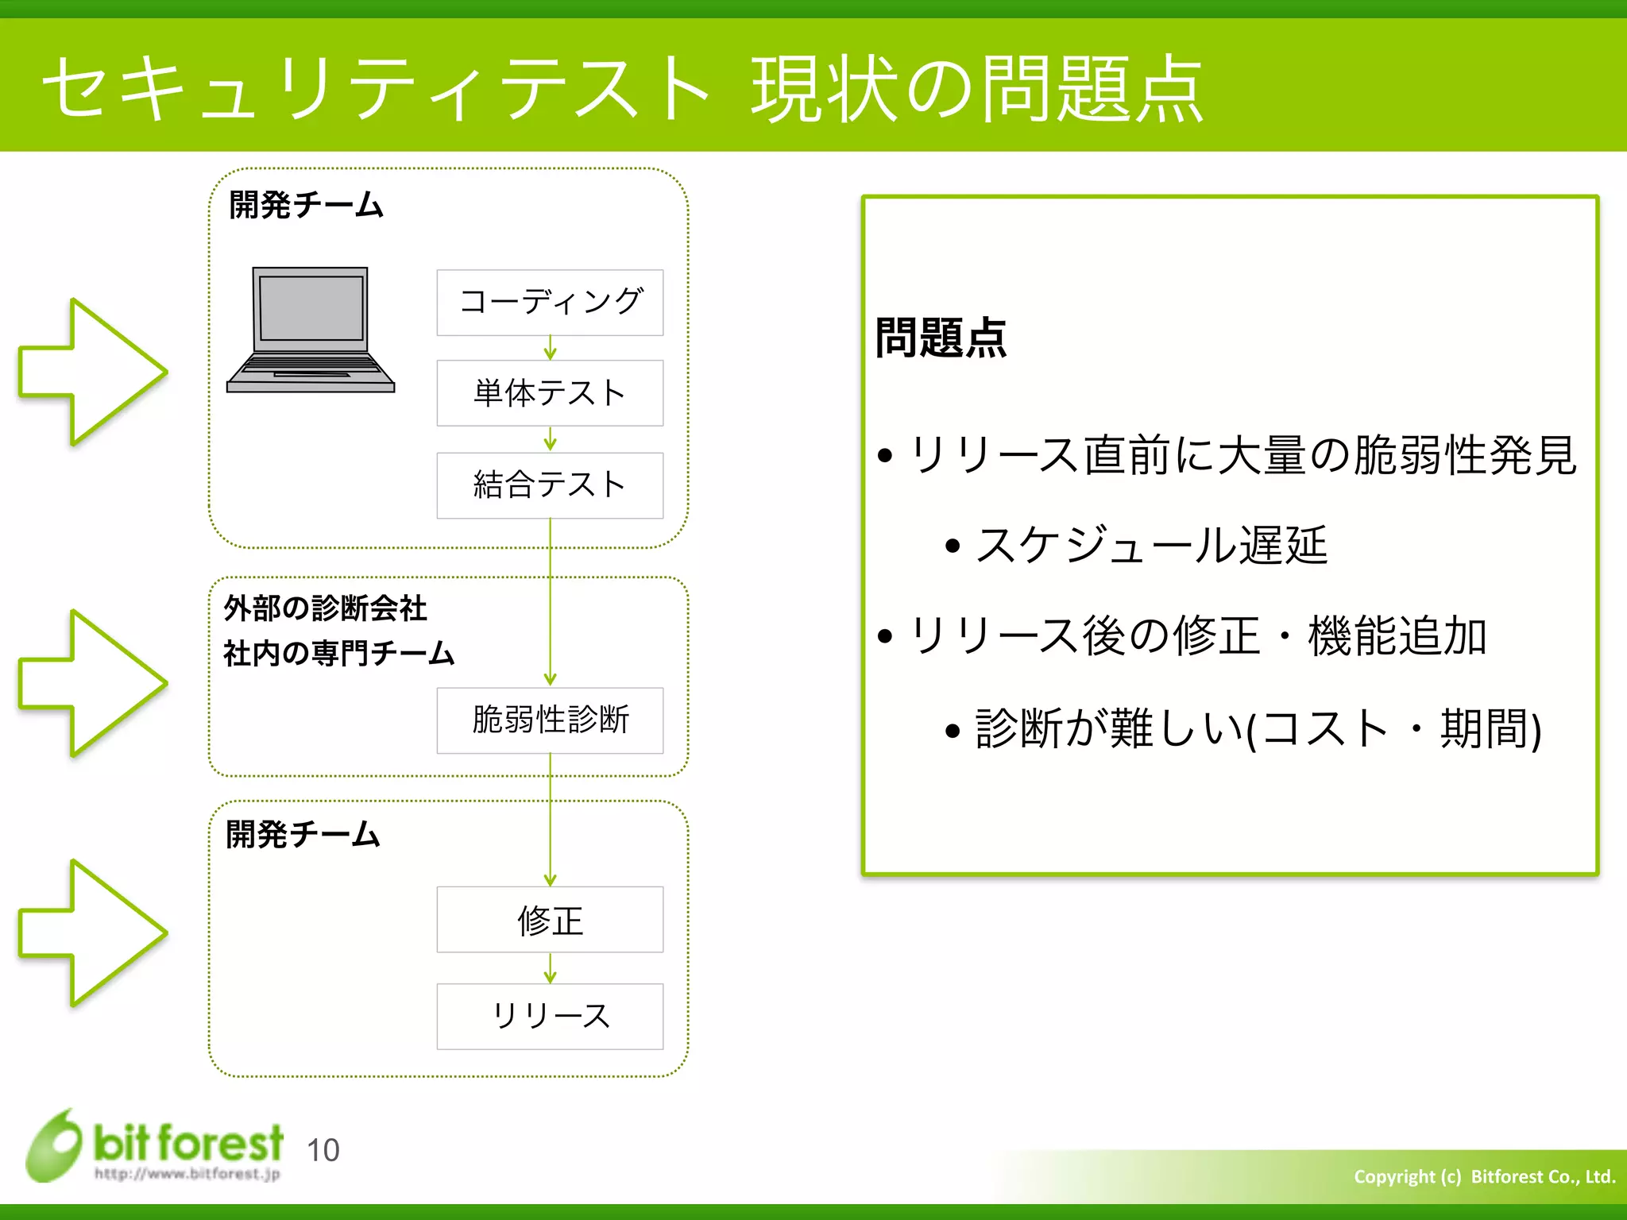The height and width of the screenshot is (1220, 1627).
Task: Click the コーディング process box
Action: click(550, 303)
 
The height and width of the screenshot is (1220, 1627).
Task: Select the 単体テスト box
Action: click(550, 393)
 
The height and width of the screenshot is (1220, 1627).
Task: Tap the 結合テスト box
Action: click(550, 485)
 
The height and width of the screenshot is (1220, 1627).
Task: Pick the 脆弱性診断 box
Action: click(550, 720)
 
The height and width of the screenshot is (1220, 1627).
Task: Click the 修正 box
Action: click(550, 920)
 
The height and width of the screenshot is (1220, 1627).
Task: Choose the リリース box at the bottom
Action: click(550, 1017)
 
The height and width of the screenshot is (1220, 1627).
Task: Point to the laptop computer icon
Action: click(311, 330)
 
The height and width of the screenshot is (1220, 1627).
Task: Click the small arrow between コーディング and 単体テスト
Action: click(550, 348)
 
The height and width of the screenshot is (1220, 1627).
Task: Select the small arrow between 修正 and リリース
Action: click(550, 968)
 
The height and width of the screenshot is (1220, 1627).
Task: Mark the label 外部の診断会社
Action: click(325, 608)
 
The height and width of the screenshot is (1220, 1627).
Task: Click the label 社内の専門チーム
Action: click(338, 654)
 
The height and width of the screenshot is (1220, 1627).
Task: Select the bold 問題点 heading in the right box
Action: click(941, 338)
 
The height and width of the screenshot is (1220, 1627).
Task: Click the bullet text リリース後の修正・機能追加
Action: click(1198, 636)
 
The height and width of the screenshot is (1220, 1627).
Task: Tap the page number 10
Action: click(323, 1150)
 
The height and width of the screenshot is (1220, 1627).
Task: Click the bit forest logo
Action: click(155, 1145)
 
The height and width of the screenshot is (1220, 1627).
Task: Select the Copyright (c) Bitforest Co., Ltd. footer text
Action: click(1484, 1176)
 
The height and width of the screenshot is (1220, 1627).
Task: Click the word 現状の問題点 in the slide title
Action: click(977, 89)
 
